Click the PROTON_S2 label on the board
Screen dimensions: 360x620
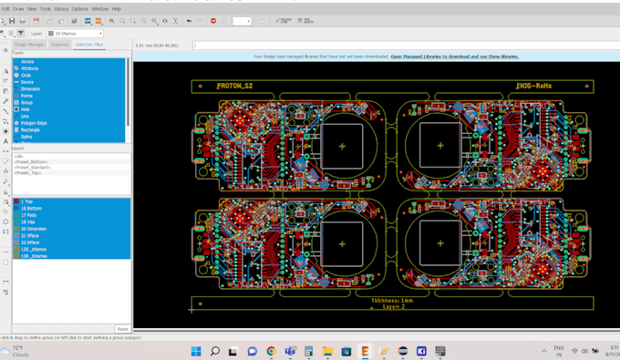pyautogui.click(x=235, y=87)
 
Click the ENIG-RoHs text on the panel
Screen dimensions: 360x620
pyautogui.click(x=534, y=87)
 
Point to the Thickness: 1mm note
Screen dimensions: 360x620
pyautogui.click(x=392, y=300)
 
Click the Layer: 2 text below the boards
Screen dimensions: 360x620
pyautogui.click(x=394, y=307)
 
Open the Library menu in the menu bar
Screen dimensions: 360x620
pyautogui.click(x=61, y=9)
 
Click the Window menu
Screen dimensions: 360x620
pyautogui.click(x=99, y=9)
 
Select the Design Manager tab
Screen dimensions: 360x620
pyautogui.click(x=29, y=44)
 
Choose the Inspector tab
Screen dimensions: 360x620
pyautogui.click(x=59, y=44)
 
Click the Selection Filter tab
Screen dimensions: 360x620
pyautogui.click(x=88, y=44)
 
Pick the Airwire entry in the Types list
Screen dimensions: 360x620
pyautogui.click(x=27, y=62)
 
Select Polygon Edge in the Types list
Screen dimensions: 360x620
pyautogui.click(x=34, y=123)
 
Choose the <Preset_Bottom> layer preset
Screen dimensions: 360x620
pyautogui.click(x=32, y=162)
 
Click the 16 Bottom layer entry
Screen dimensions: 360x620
pyautogui.click(x=31, y=209)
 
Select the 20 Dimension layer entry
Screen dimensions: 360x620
pyautogui.click(x=34, y=229)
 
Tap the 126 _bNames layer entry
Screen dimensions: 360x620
pyautogui.click(x=34, y=256)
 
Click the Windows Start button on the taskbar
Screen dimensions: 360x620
pyautogui.click(x=195, y=351)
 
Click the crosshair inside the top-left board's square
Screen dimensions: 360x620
pyautogui.click(x=343, y=146)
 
